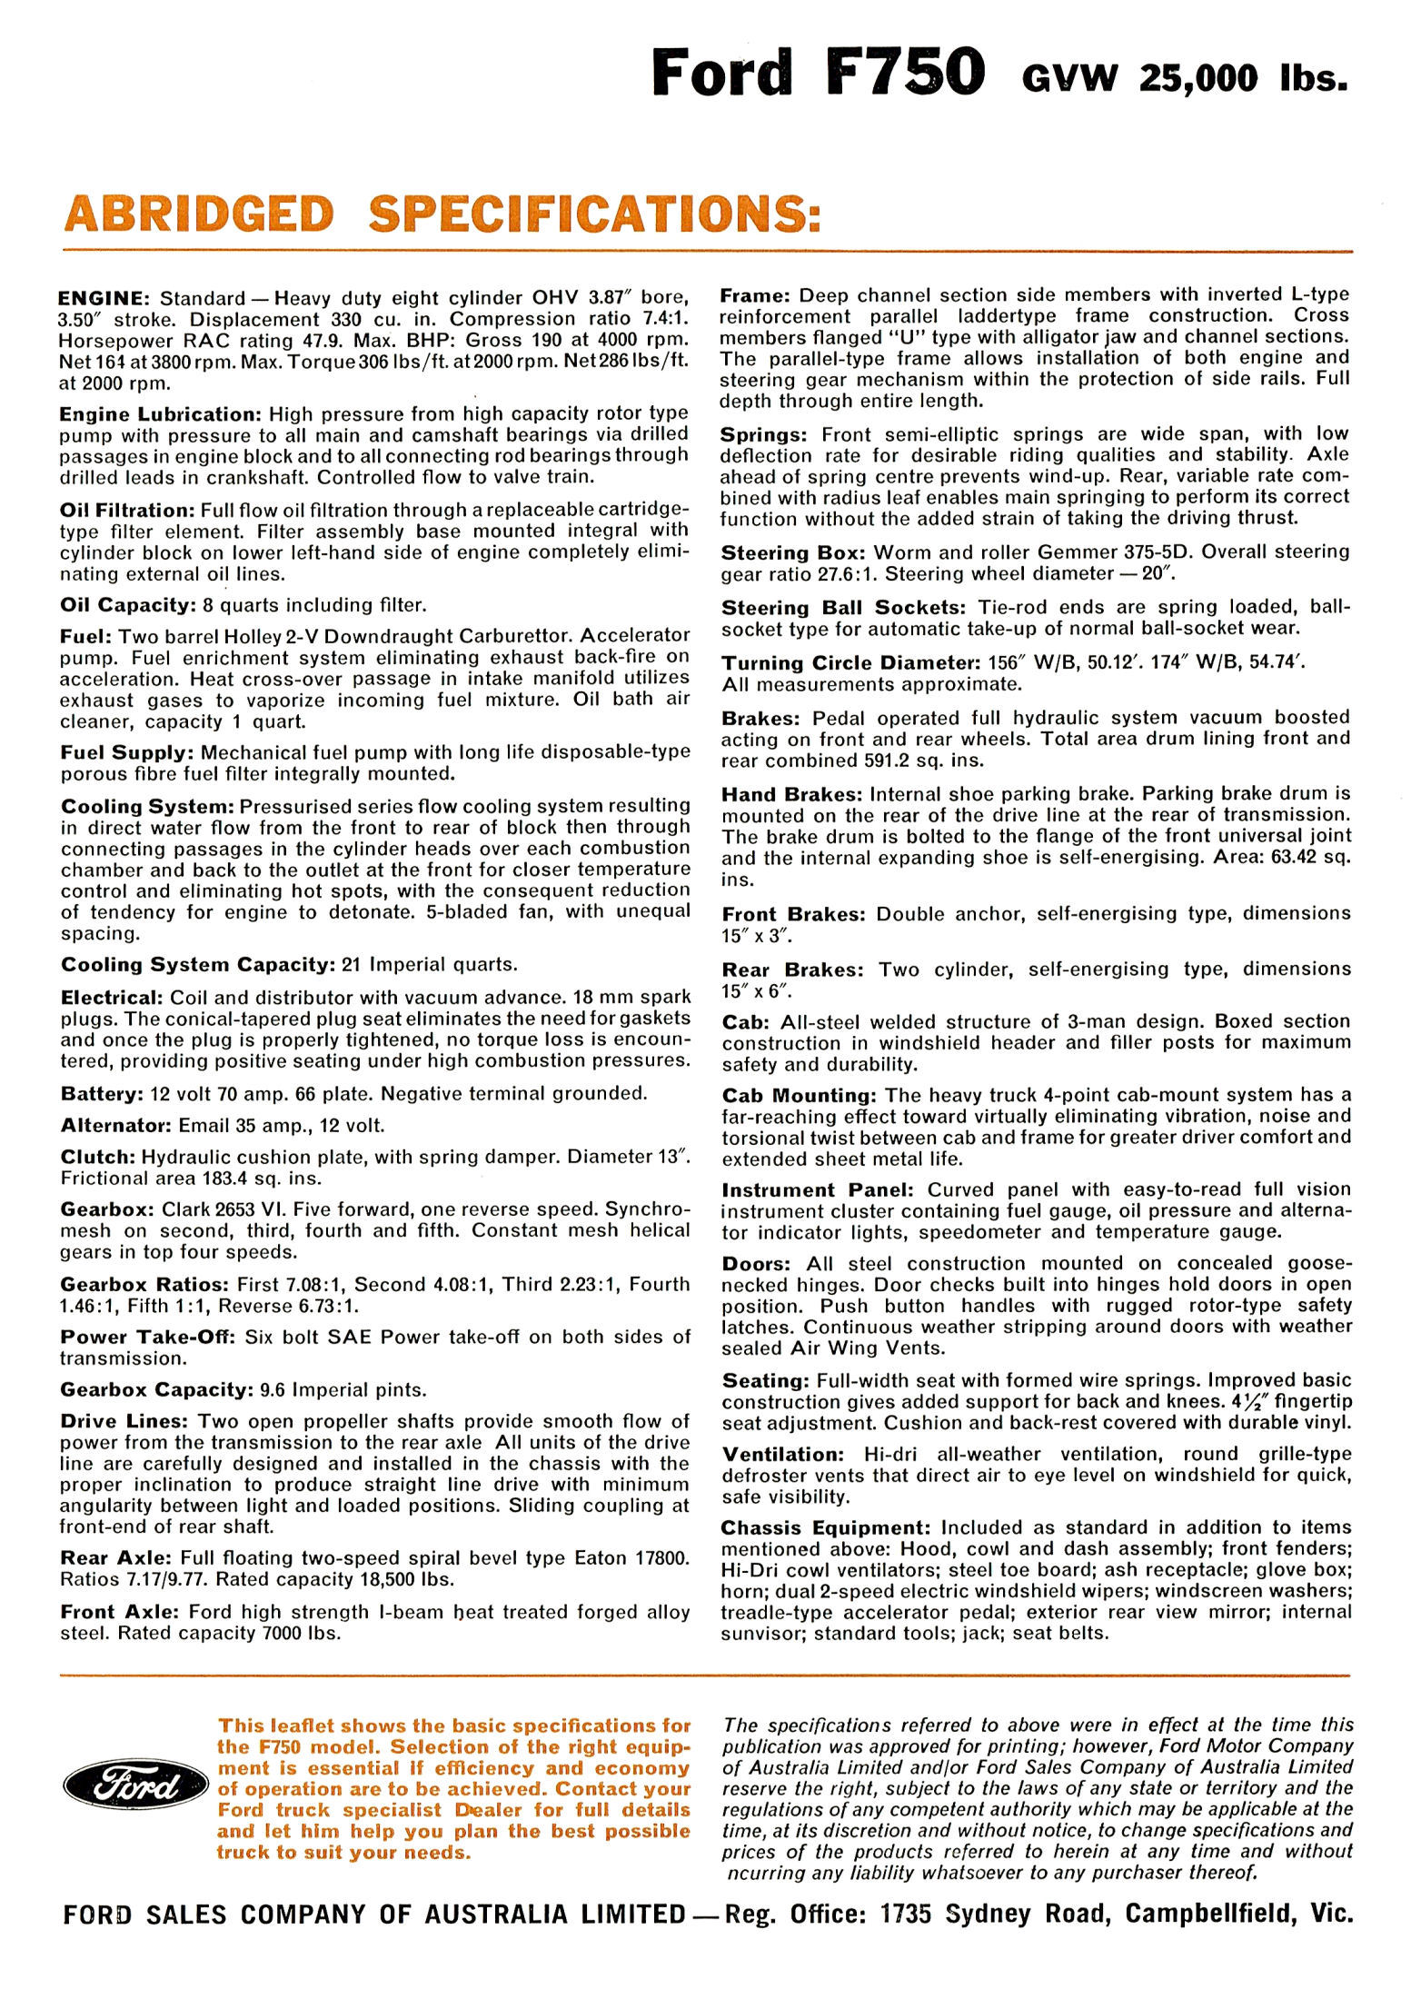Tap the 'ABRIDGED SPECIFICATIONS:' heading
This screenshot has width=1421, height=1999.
pos(442,215)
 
